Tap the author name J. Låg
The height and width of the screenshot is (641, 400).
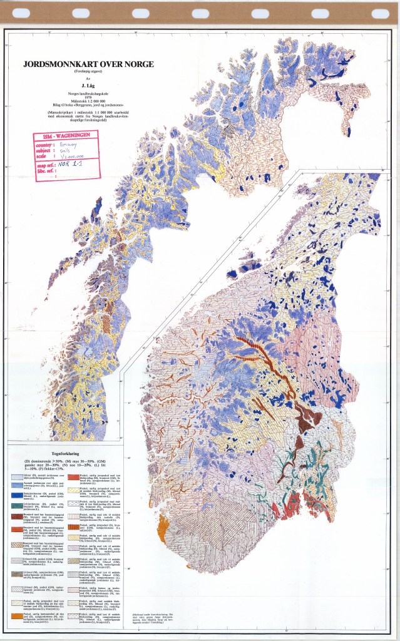[88, 86]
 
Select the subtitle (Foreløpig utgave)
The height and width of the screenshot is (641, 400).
[88, 71]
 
